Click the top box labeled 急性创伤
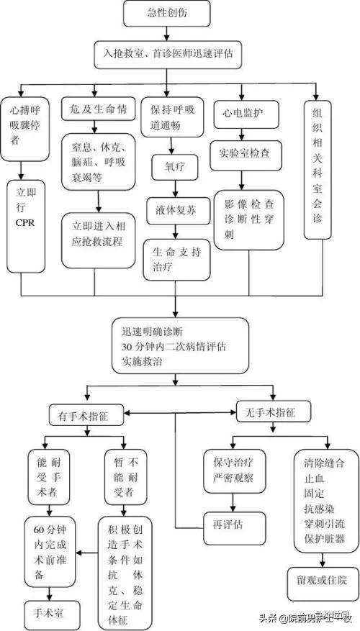click(x=168, y=12)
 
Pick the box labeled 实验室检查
click(x=245, y=153)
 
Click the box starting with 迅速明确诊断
click(x=180, y=346)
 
